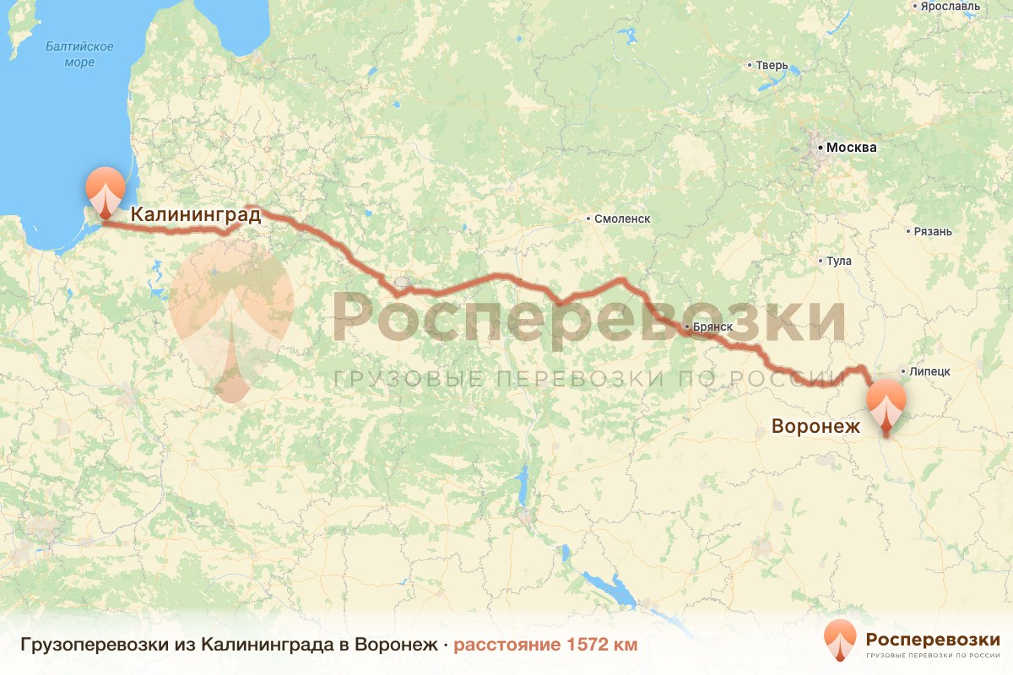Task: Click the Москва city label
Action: point(851,148)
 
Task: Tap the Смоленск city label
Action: point(622,219)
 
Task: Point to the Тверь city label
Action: point(772,65)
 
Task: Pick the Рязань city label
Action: point(932,231)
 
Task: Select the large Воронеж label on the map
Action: point(815,426)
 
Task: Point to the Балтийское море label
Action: point(80,54)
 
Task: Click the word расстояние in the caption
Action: point(506,645)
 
